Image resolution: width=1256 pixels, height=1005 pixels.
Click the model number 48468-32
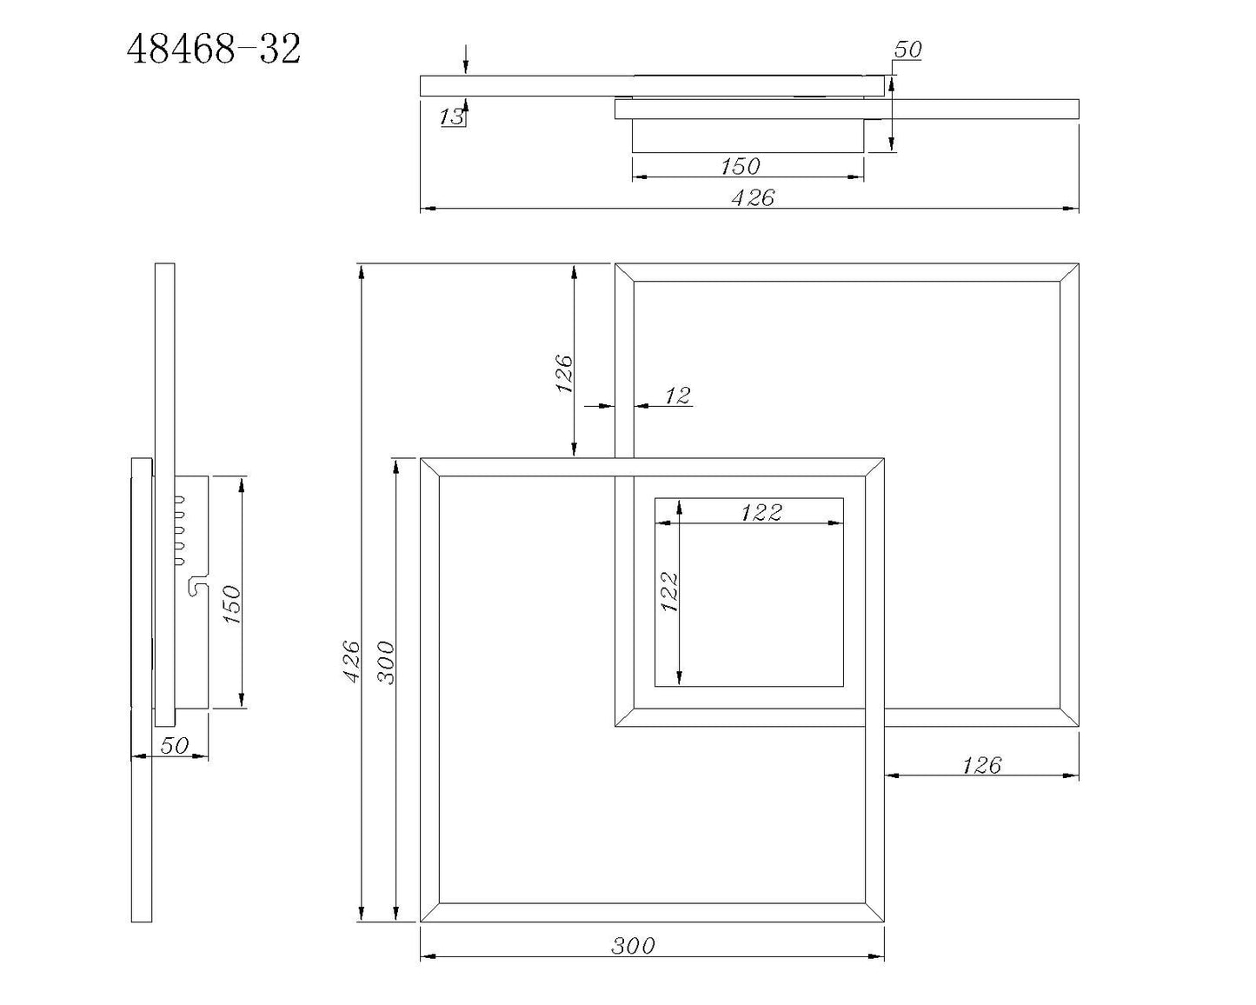click(214, 50)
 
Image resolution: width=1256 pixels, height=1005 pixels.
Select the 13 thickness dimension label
click(452, 116)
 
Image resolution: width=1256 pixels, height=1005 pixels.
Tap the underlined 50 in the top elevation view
click(907, 50)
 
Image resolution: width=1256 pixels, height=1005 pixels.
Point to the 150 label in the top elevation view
click(740, 165)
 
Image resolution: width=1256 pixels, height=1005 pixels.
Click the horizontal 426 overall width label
click(752, 198)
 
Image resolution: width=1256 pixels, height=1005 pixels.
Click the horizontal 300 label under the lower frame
click(633, 945)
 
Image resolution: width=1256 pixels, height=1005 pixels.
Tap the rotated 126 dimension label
click(565, 373)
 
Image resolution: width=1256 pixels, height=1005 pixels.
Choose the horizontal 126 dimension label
click(981, 765)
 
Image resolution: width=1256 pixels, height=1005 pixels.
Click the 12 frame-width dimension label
click(677, 396)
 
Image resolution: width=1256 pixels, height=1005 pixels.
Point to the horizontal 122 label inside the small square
click(761, 513)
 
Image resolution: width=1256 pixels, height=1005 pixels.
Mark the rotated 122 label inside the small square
click(669, 591)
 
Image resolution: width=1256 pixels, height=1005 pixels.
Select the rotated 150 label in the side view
click(232, 604)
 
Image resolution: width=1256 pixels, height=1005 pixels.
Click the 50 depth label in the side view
click(175, 746)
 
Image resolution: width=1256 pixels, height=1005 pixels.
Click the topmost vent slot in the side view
click(180, 499)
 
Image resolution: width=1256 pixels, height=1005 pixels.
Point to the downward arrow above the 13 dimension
click(467, 61)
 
